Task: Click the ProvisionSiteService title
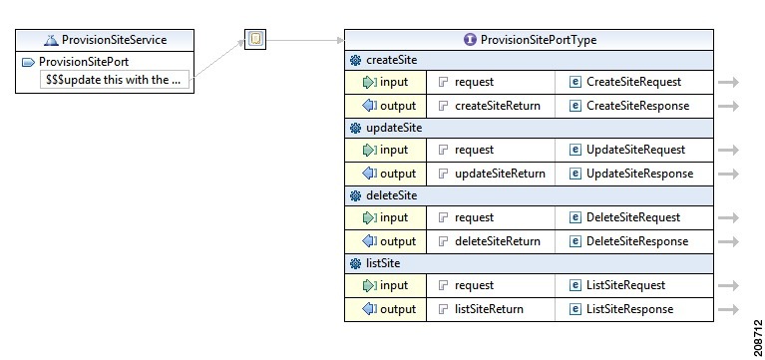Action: click(113, 41)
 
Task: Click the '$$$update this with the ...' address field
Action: click(113, 81)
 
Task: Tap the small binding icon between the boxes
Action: click(255, 39)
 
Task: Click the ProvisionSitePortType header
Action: click(538, 41)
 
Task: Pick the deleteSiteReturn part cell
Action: click(496, 241)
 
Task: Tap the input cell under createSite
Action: click(385, 82)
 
